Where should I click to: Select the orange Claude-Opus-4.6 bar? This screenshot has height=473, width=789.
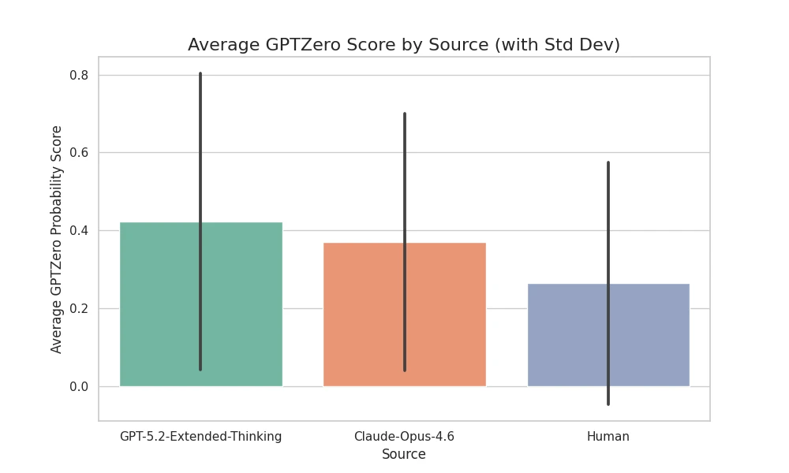(363, 315)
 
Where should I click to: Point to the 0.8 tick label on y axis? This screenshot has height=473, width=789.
(78, 76)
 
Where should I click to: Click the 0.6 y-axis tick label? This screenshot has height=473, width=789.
(78, 153)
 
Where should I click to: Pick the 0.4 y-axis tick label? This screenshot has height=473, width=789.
(78, 231)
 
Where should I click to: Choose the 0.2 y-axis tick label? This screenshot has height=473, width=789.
(78, 309)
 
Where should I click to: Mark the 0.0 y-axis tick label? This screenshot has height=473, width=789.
(78, 387)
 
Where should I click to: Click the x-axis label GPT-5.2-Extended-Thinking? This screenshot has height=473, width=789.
(200, 437)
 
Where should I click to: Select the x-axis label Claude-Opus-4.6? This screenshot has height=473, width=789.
(404, 437)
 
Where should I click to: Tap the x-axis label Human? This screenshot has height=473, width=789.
(608, 437)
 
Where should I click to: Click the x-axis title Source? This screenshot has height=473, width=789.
(404, 455)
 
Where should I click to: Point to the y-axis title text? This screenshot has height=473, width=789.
(57, 239)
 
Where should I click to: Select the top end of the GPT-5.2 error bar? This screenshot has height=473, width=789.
(200, 74)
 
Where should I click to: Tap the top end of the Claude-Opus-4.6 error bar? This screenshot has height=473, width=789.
(405, 114)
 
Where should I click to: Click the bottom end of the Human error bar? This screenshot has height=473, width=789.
(608, 404)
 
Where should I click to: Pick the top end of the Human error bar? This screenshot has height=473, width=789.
(608, 163)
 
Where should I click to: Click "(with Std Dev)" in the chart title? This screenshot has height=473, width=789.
(557, 45)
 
